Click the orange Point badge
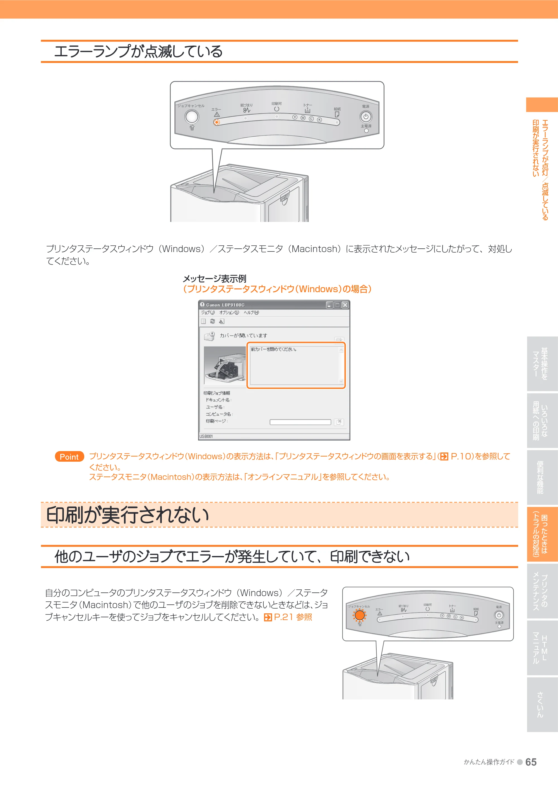point(69,456)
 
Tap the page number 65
point(531,762)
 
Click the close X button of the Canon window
point(345,305)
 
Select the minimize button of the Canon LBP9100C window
point(329,305)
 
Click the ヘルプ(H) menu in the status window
point(251,312)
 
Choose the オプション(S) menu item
point(229,312)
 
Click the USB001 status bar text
point(206,436)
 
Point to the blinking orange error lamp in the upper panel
point(217,122)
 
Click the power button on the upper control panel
point(366,117)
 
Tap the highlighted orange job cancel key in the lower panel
point(360,615)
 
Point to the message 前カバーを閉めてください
point(274,349)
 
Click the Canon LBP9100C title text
point(225,305)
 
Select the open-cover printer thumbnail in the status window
point(225,365)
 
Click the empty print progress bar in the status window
point(300,422)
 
